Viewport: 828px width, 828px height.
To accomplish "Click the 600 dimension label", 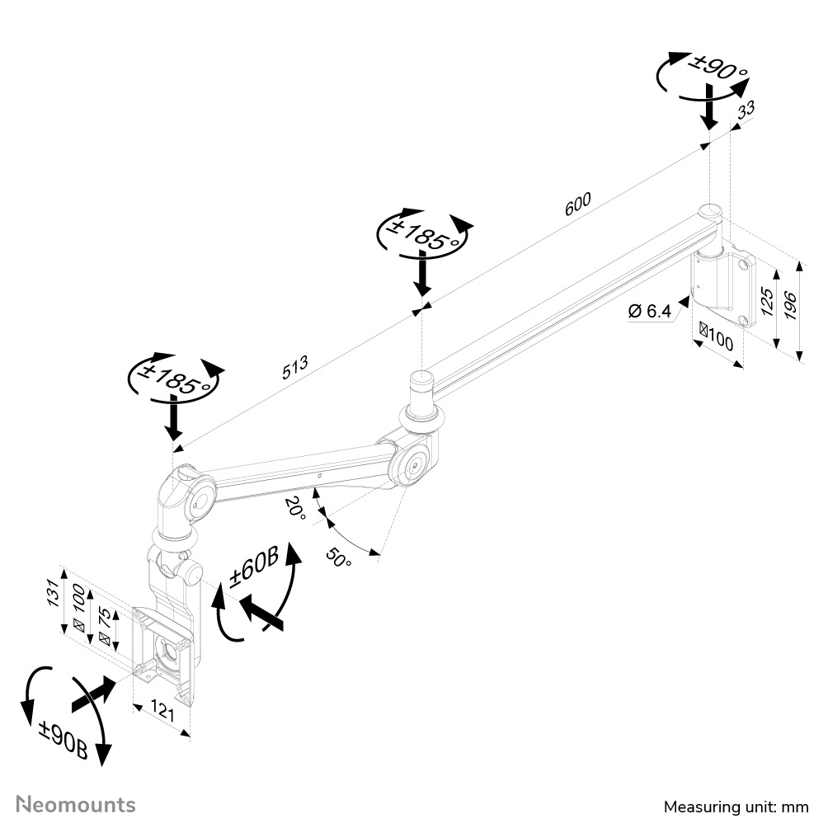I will (578, 205).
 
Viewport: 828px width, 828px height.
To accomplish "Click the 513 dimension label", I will (296, 367).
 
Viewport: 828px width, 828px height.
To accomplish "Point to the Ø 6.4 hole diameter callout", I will (649, 311).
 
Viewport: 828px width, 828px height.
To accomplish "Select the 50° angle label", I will (336, 557).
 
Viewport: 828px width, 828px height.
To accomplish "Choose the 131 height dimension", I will (51, 590).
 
